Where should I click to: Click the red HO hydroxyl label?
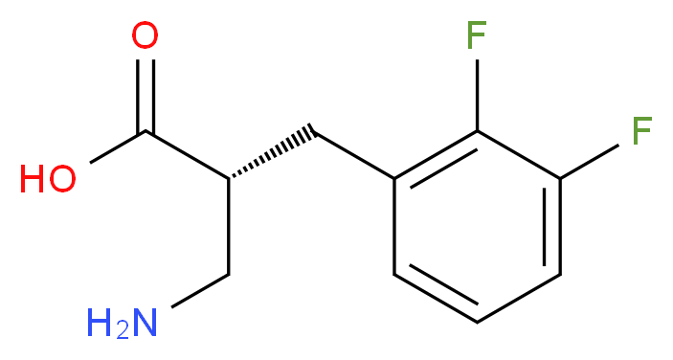48,179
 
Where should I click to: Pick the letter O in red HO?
62,179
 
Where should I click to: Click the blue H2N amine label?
121,323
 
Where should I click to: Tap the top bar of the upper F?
477,24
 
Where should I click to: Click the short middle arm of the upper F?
475,35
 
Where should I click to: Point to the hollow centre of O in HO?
62,179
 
